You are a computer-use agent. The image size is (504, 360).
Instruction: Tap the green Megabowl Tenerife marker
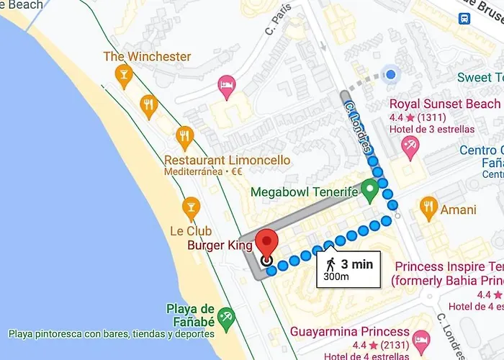click(370, 189)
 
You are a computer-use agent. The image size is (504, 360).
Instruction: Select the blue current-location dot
click(391, 74)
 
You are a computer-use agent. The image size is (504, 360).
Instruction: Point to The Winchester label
click(147, 56)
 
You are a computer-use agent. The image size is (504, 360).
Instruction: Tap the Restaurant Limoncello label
click(227, 160)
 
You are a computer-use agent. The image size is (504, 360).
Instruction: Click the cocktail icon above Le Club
click(191, 208)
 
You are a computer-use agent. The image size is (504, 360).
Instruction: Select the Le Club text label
click(190, 232)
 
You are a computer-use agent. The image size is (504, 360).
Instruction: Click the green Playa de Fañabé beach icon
click(227, 316)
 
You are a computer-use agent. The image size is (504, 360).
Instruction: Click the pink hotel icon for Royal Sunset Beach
click(411, 148)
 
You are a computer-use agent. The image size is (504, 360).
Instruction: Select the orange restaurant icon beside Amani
click(428, 208)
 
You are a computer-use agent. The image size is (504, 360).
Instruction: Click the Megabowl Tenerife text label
click(304, 192)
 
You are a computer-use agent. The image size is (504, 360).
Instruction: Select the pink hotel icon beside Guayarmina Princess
click(422, 338)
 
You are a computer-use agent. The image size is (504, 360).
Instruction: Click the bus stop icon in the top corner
click(464, 17)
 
